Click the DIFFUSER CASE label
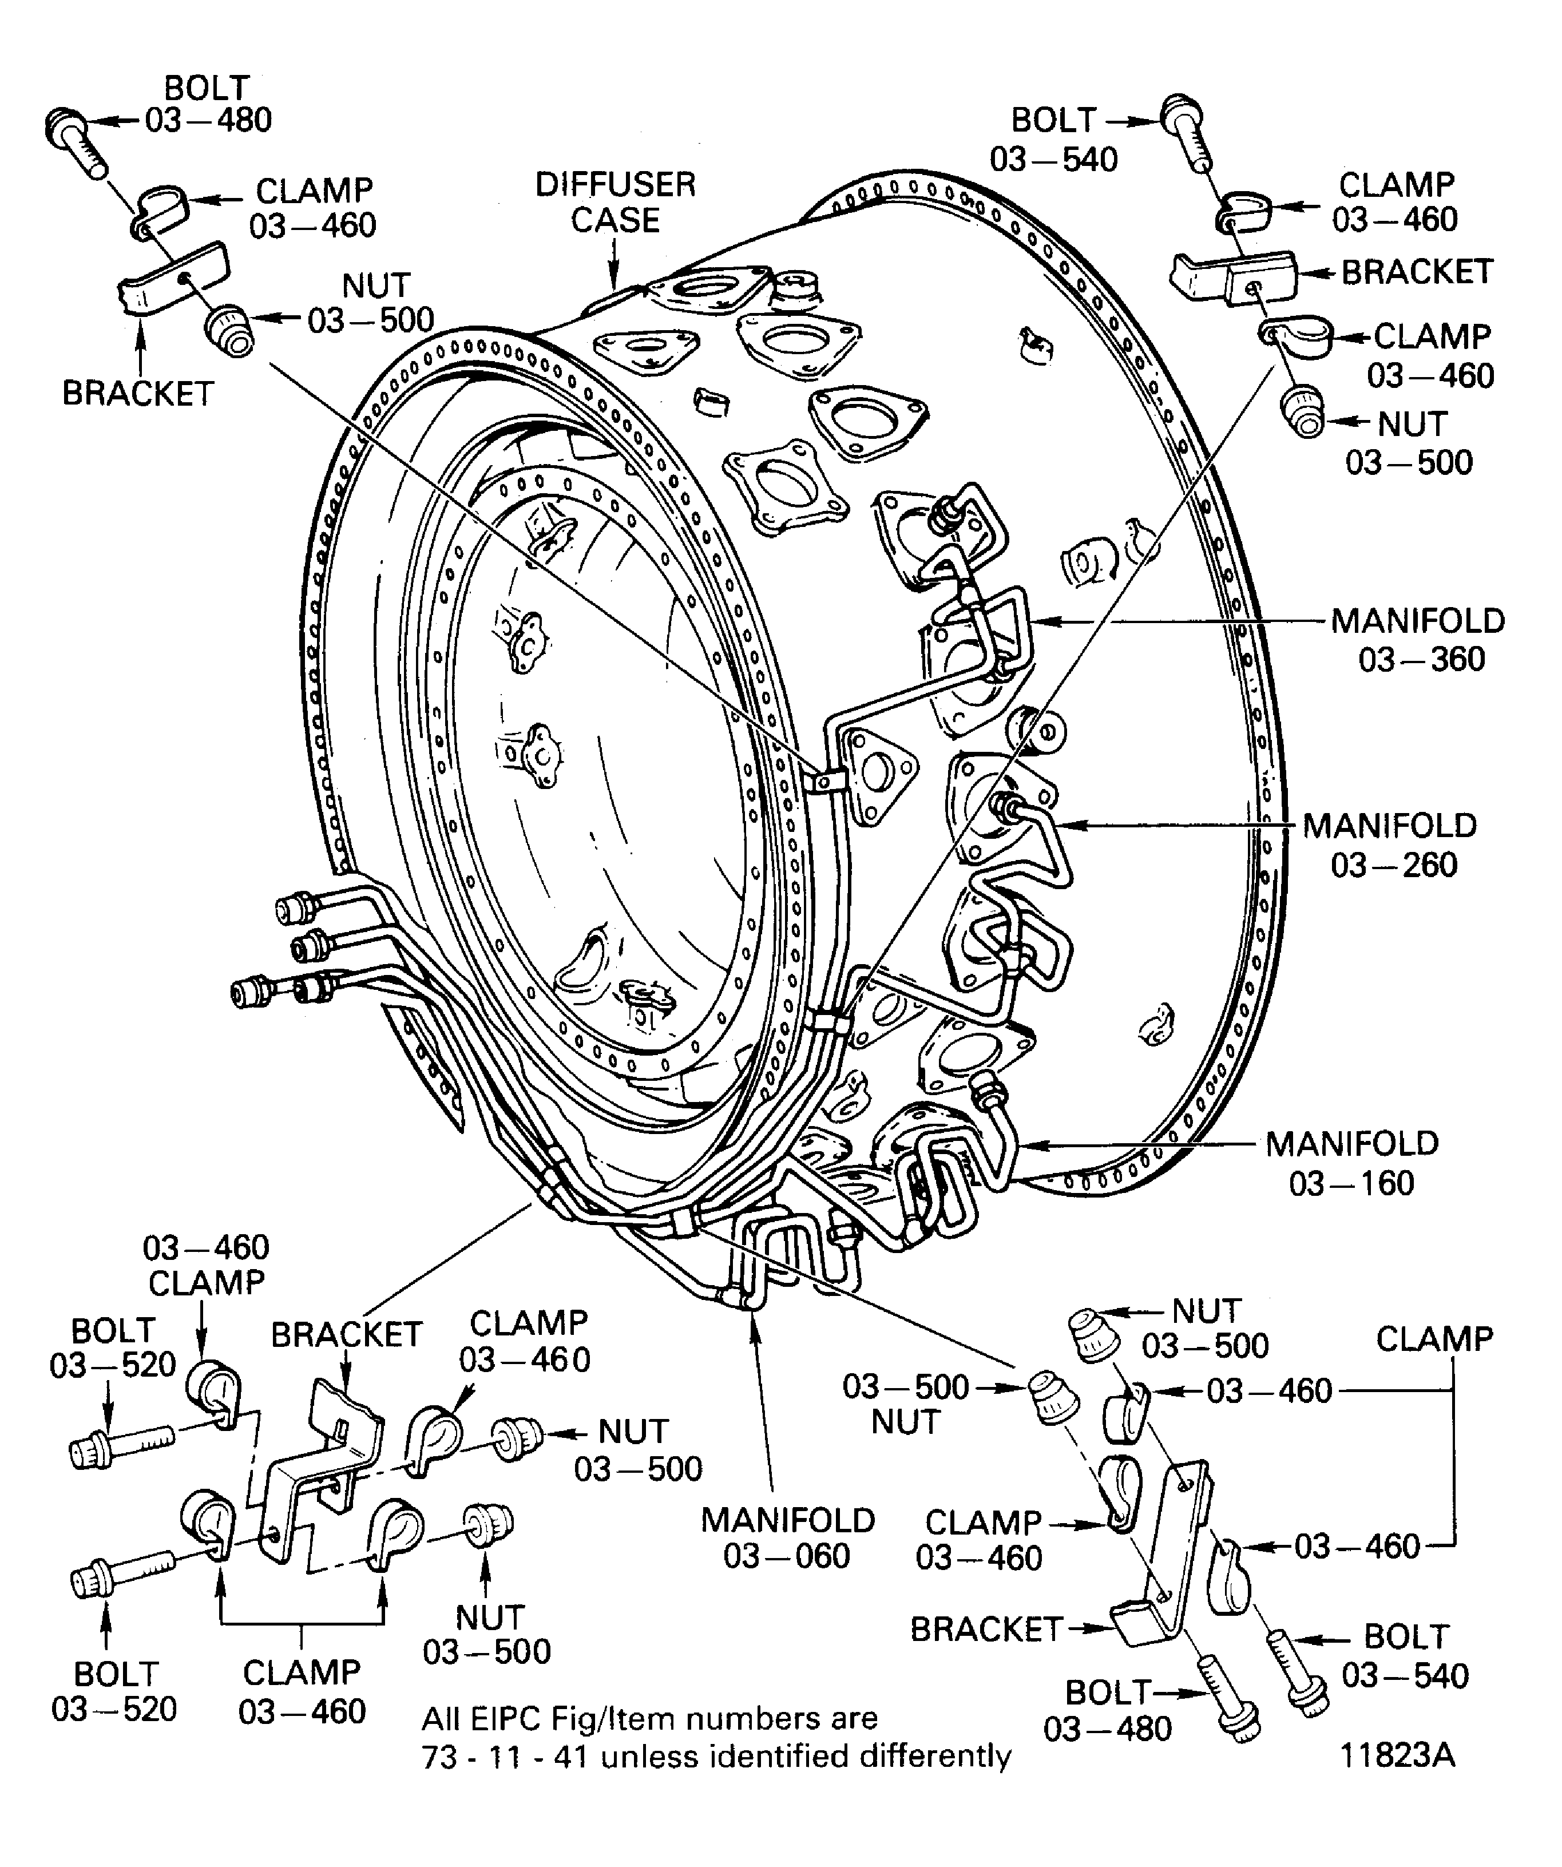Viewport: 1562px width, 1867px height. click(x=615, y=203)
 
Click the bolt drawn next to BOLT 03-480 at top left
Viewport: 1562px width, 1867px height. click(x=76, y=140)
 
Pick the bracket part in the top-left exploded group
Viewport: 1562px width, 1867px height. click(x=173, y=278)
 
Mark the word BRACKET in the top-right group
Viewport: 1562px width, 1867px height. click(x=1417, y=272)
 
